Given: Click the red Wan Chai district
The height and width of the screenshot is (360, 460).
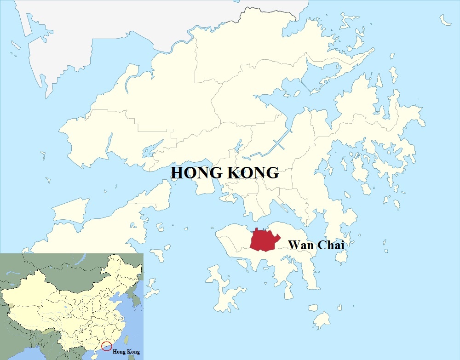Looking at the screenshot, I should pos(264,240).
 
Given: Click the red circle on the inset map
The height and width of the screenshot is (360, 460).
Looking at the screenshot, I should pos(106,345).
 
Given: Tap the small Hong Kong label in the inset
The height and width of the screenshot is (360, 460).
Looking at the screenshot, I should pos(126,352).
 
